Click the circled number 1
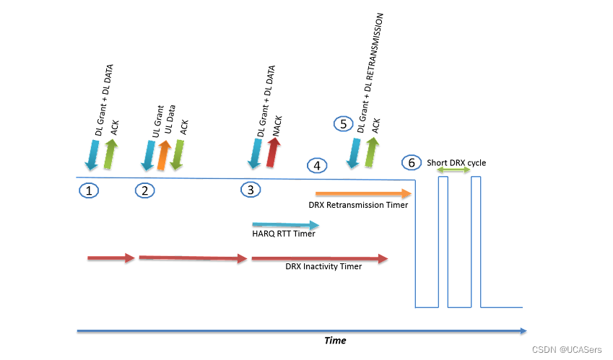point(89,190)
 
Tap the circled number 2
point(145,190)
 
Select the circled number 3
point(251,190)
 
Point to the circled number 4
point(317,166)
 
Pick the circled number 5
point(344,124)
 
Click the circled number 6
point(412,162)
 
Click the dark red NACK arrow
point(274,153)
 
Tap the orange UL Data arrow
point(164,155)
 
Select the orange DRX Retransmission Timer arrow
point(364,193)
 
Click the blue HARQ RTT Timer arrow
point(286,225)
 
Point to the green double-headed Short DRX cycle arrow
point(453,170)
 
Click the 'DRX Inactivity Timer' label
point(323,266)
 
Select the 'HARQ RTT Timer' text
point(284,234)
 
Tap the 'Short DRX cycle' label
point(456,162)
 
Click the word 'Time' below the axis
point(335,341)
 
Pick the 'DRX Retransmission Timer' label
point(358,205)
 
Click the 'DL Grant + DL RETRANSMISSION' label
point(370,73)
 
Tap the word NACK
point(277,126)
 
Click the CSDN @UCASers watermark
point(567,349)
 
